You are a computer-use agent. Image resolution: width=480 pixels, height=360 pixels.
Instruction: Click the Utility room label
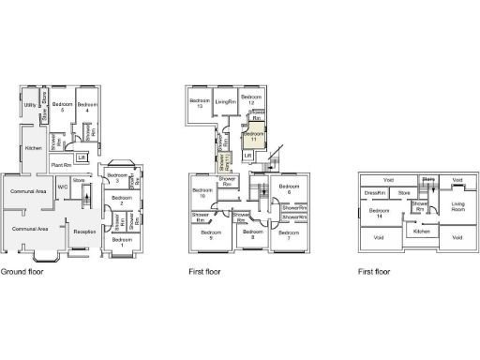click(30, 106)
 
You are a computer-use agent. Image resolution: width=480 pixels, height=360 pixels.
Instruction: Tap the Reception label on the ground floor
click(85, 231)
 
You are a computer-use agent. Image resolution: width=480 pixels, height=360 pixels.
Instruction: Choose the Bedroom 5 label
click(63, 106)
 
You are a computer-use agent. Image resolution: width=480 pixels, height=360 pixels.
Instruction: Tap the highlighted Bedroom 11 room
click(250, 137)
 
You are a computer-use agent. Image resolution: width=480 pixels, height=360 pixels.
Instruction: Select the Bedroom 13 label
click(201, 103)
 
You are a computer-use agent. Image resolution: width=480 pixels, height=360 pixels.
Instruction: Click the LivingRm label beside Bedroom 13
click(224, 101)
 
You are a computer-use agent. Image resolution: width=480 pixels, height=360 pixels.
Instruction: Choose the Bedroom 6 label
click(289, 189)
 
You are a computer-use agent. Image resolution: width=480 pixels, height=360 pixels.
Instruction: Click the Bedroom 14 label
click(378, 213)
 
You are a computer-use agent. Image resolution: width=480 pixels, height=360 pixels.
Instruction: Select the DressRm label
click(375, 193)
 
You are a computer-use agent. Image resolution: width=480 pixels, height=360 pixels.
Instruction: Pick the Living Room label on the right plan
click(457, 205)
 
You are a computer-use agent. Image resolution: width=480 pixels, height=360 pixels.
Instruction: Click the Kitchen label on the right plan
click(422, 231)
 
